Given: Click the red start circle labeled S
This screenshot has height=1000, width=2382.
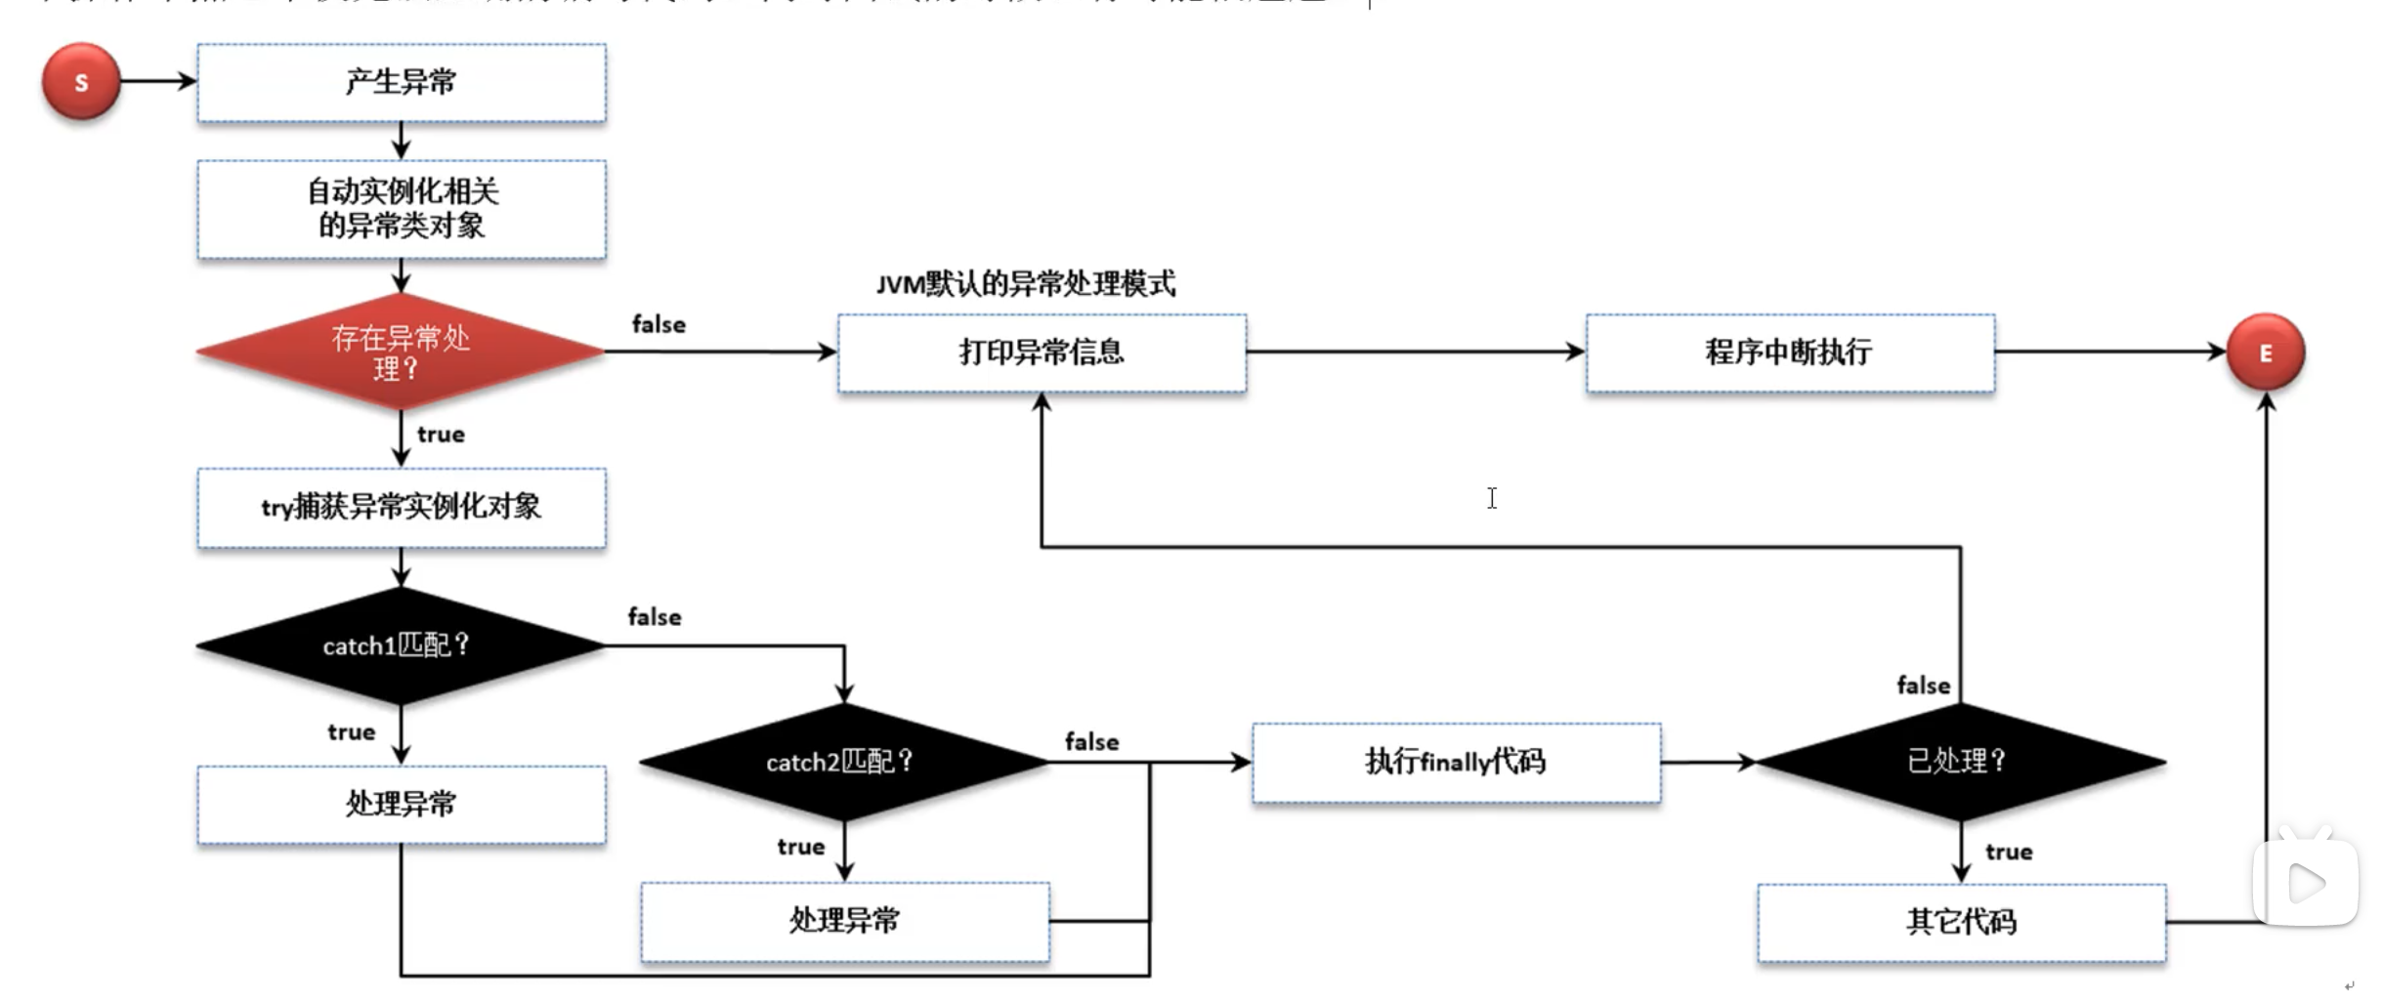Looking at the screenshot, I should (x=81, y=82).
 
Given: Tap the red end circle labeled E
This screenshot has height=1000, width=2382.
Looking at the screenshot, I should (x=2265, y=353).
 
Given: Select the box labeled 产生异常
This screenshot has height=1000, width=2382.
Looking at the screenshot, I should (x=401, y=83).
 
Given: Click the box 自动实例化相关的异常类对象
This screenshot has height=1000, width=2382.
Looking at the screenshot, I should (x=401, y=209).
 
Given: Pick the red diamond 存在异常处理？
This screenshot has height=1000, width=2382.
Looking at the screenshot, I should (x=401, y=353).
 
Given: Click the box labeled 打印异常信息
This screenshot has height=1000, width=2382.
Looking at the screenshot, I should (x=1042, y=353).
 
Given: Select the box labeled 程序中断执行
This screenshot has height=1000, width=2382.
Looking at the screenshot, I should (x=1790, y=353).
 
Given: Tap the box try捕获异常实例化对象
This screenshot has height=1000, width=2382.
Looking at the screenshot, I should (x=401, y=507).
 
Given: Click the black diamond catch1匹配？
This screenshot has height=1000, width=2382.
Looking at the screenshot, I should (x=401, y=646).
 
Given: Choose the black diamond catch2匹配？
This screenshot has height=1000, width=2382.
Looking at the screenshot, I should (x=843, y=762).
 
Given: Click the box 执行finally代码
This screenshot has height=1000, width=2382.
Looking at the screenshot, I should (x=1456, y=762).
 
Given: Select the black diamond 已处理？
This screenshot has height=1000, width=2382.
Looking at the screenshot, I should (x=1960, y=762).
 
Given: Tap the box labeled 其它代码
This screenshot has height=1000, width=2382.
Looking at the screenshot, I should (x=1961, y=922).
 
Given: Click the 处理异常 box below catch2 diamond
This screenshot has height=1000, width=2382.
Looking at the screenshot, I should (x=844, y=921).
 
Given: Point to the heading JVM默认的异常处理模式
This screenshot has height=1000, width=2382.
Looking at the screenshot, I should (x=1026, y=284).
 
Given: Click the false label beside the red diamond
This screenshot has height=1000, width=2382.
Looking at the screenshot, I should (x=659, y=324).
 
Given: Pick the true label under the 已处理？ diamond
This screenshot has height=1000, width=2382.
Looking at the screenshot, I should (x=2009, y=852).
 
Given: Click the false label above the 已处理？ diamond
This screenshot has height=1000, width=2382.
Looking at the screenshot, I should (x=1923, y=686).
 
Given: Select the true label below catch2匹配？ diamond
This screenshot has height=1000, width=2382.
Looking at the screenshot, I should (x=801, y=847).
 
